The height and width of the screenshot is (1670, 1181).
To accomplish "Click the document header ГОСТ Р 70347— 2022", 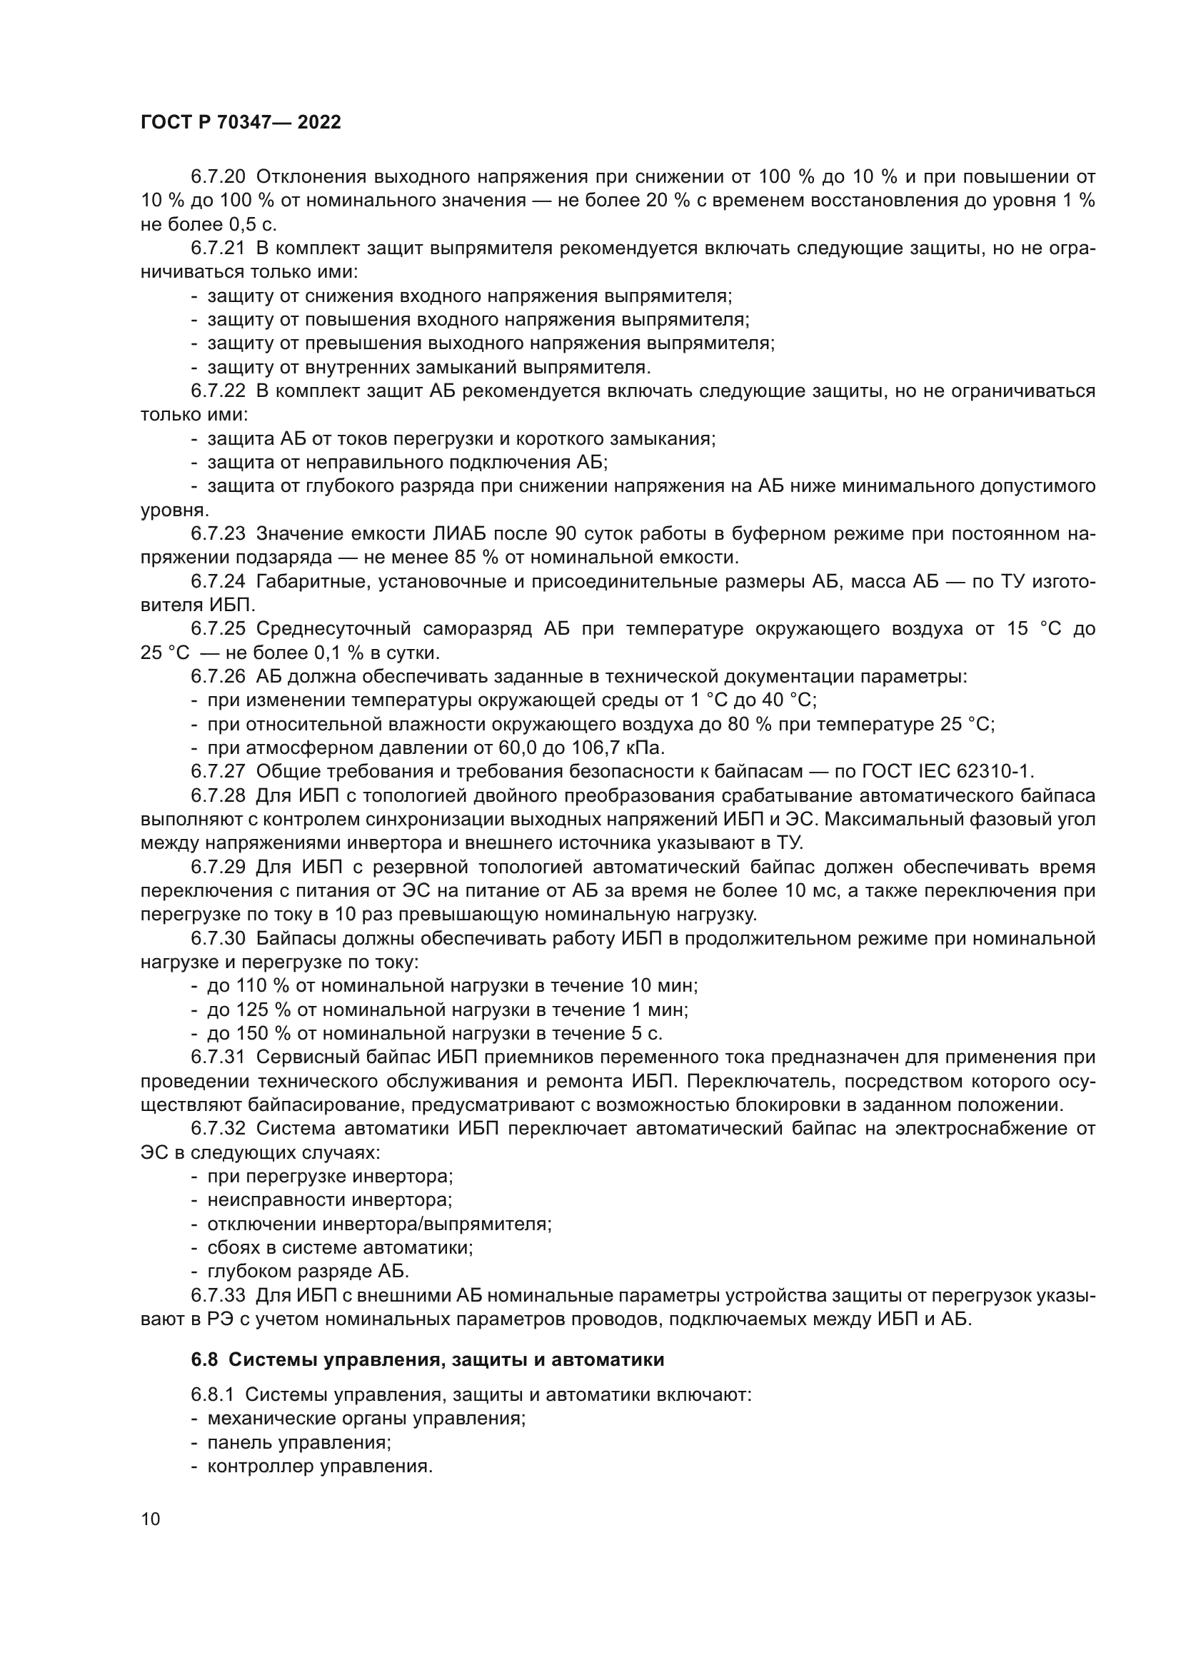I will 241,122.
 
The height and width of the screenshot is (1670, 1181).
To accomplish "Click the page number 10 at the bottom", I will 151,1519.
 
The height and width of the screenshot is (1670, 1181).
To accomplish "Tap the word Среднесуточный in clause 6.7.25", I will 333,628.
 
